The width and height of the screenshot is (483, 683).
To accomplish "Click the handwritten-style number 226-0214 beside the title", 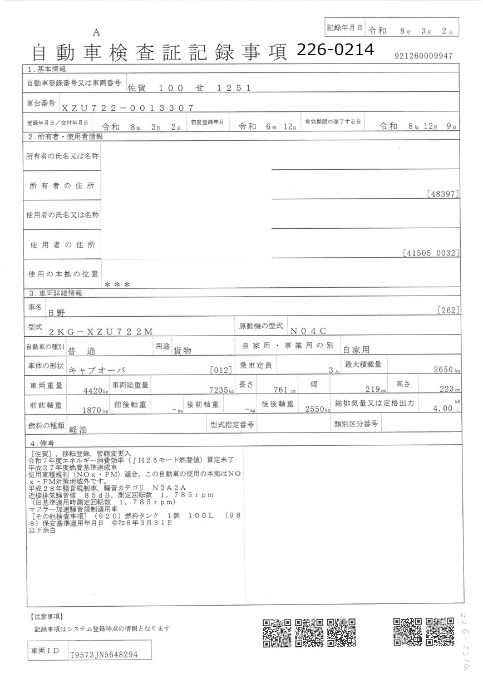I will [335, 51].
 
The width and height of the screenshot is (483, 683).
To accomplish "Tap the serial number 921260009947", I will [423, 56].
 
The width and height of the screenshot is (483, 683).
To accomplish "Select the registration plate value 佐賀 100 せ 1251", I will [190, 88].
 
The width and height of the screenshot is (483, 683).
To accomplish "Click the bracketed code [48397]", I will [443, 194].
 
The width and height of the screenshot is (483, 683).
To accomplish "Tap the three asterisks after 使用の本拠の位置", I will [117, 284].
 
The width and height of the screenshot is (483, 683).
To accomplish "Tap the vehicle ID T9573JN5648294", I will [103, 655].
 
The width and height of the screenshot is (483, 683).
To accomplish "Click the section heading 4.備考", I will [42, 444].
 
